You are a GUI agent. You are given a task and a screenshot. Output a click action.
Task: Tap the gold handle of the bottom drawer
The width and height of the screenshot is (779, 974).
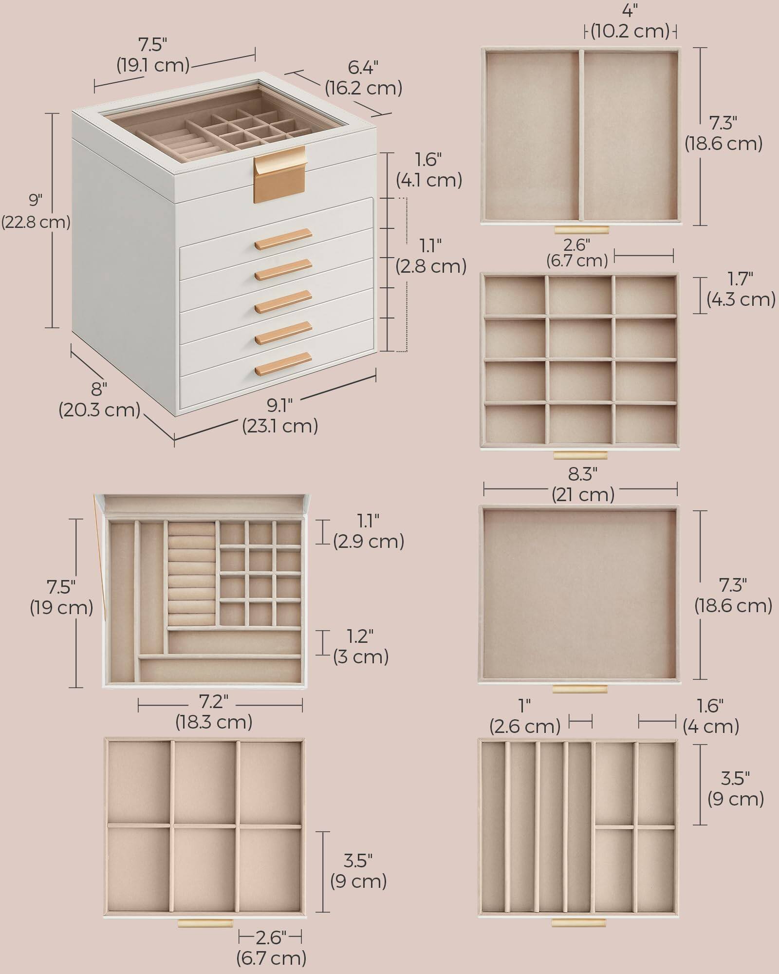pyautogui.click(x=283, y=363)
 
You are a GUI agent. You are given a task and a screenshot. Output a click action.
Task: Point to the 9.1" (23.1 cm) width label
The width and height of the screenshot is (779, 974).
pyautogui.click(x=280, y=415)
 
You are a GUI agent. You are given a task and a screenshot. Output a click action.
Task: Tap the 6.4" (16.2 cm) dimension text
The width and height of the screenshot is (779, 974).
pyautogui.click(x=363, y=78)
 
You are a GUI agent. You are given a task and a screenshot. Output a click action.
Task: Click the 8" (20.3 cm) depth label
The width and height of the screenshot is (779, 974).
pyautogui.click(x=99, y=399)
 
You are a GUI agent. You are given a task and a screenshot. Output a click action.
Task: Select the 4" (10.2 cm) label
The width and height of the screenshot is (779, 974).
pyautogui.click(x=630, y=22)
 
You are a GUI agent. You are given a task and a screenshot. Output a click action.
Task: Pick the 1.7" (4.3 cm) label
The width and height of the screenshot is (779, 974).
pyautogui.click(x=741, y=289)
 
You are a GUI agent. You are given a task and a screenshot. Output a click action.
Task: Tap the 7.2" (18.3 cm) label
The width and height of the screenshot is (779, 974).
pyautogui.click(x=214, y=711)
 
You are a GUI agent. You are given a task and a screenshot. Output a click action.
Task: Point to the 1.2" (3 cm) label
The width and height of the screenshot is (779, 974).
pyautogui.click(x=361, y=646)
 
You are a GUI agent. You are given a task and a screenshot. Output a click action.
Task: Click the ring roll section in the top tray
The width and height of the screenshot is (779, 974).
pyautogui.click(x=192, y=574)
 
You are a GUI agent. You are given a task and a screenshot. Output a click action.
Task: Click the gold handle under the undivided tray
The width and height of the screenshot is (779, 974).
pyautogui.click(x=579, y=689)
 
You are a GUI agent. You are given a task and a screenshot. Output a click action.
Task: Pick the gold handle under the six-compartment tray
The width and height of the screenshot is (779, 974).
pyautogui.click(x=205, y=923)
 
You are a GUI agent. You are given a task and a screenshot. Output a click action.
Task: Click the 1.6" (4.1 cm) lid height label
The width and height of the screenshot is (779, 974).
pyautogui.click(x=428, y=170)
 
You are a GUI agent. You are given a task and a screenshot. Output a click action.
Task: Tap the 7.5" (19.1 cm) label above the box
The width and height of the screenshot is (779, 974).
pyautogui.click(x=153, y=55)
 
